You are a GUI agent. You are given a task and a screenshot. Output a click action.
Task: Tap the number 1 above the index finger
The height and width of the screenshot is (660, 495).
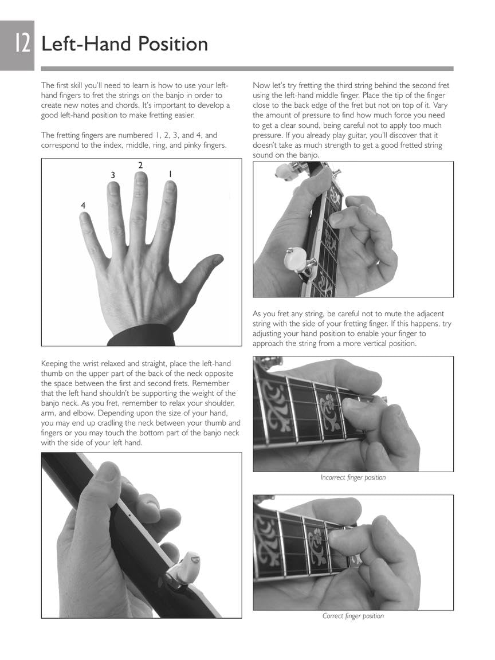point(170,173)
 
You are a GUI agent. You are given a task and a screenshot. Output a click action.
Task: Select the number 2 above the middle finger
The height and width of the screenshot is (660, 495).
point(140,166)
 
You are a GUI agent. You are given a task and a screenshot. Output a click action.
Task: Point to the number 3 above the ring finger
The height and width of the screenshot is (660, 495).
point(113,174)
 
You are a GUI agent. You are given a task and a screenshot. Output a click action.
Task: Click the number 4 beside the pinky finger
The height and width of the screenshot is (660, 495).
point(84,205)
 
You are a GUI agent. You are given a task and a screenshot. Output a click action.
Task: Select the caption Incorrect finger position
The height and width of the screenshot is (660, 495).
point(353,477)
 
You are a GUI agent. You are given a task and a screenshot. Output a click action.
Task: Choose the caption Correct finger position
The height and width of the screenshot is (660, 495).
point(353,616)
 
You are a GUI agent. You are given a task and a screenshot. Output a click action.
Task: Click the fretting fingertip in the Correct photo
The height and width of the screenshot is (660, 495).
point(339,539)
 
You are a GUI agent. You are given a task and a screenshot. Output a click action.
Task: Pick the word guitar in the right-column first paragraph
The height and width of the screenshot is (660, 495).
point(395,135)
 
